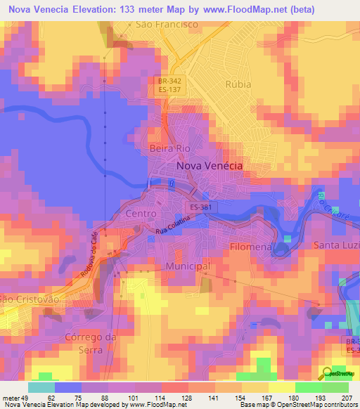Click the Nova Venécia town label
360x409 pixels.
click(210, 165)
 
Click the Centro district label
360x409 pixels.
click(139, 212)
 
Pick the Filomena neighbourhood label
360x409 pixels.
click(251, 247)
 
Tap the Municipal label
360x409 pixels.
click(188, 266)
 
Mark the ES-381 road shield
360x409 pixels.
click(200, 207)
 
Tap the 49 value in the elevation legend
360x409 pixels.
click(27, 397)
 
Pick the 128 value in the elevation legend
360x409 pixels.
click(184, 397)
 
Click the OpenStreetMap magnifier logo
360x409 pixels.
click(326, 373)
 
